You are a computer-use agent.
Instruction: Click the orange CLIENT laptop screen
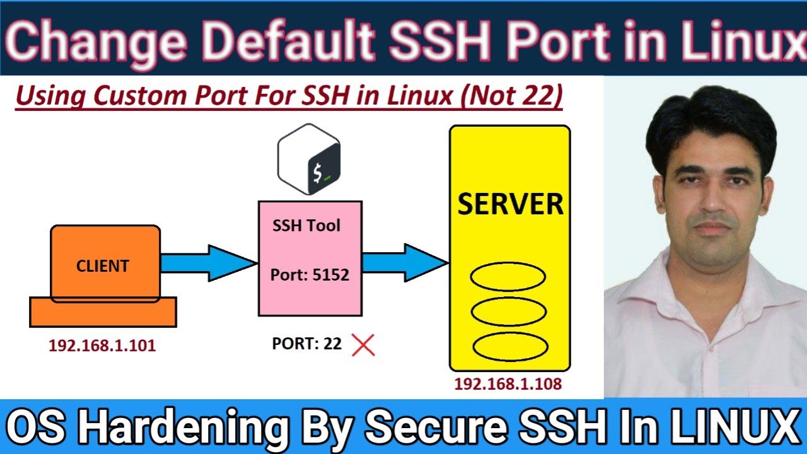tap(105, 265)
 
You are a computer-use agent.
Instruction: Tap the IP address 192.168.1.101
tap(102, 346)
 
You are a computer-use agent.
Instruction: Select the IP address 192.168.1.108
tap(508, 384)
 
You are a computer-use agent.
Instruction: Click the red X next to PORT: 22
tap(363, 345)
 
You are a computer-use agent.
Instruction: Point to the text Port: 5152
tap(310, 275)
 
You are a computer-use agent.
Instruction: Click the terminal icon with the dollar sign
tap(309, 159)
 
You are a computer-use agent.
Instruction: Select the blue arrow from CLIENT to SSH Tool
tap(208, 263)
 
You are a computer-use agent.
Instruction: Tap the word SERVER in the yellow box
tap(510, 204)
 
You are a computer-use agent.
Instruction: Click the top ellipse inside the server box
tap(508, 277)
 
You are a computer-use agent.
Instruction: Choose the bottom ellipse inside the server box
tap(509, 346)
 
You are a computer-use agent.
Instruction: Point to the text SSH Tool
tap(306, 226)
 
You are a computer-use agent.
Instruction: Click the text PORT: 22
tap(306, 344)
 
